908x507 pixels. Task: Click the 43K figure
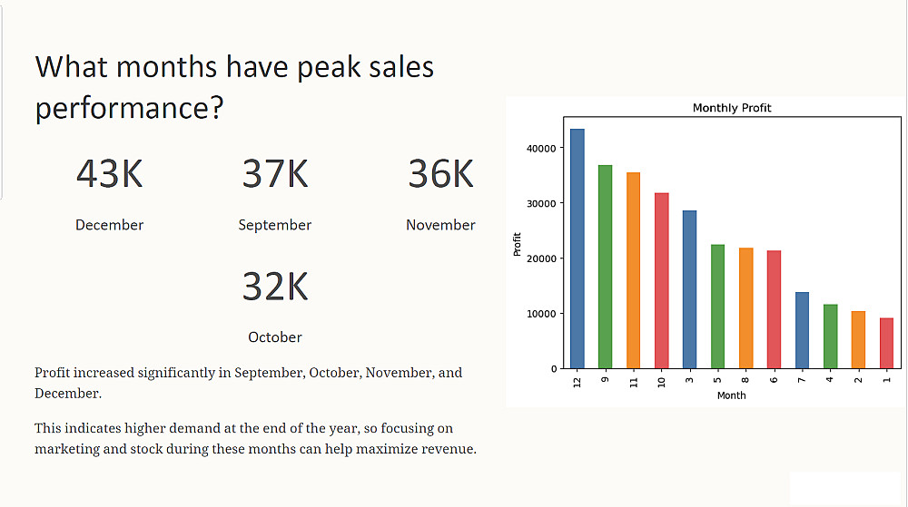click(110, 173)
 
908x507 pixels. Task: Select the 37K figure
click(275, 173)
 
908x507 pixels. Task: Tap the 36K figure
click(440, 173)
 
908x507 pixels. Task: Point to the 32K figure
click(275, 286)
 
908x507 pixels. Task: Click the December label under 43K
click(110, 225)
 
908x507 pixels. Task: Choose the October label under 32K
click(275, 337)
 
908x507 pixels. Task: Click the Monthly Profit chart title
click(732, 108)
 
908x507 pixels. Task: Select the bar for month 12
click(577, 249)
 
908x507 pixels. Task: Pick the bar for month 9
click(605, 267)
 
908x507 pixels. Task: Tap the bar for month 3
click(689, 289)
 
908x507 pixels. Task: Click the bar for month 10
click(661, 280)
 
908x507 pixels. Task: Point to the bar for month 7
click(802, 330)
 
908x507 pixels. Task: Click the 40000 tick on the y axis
click(541, 148)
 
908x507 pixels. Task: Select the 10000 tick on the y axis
click(541, 314)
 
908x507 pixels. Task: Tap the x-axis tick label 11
click(634, 381)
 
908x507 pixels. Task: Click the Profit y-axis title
click(518, 244)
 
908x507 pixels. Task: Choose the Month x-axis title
click(732, 395)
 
